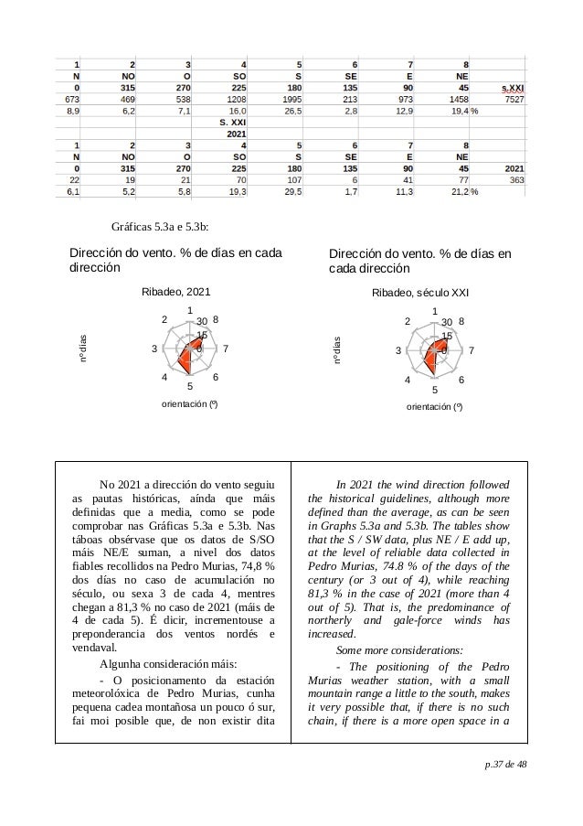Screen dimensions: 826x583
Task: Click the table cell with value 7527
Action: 514,99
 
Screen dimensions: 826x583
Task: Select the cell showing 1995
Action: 285,99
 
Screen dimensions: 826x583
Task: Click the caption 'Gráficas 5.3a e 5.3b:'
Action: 161,227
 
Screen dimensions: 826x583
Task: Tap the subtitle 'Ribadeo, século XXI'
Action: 420,293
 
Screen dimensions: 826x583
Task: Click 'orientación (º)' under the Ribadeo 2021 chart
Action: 188,402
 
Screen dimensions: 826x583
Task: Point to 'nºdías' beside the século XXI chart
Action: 337,352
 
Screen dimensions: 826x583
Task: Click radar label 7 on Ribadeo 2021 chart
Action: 225,349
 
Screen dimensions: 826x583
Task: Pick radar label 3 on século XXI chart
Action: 399,351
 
